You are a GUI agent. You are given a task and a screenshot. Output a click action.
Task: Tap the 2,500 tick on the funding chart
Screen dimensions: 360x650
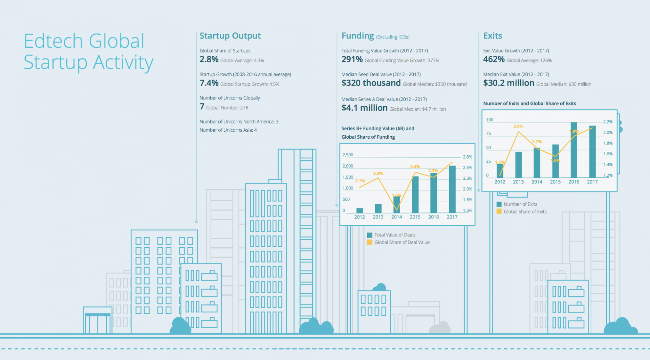tap(348, 155)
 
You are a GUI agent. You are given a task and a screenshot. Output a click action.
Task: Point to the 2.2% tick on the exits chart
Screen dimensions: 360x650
tap(608, 122)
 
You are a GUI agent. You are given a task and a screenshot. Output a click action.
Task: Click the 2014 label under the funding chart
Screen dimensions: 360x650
tap(396, 217)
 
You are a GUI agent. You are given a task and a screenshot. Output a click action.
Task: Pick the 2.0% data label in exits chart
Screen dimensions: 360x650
tap(518, 126)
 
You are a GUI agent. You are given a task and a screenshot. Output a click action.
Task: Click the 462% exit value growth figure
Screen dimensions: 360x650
tap(494, 60)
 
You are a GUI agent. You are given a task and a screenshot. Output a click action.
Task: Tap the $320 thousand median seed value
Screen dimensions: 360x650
tap(371, 83)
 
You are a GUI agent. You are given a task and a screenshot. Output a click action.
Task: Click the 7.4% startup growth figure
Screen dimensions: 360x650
tap(209, 83)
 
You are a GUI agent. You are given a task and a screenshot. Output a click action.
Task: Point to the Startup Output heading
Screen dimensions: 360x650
tap(230, 36)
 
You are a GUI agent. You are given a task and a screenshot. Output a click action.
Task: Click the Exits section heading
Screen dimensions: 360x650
tap(493, 36)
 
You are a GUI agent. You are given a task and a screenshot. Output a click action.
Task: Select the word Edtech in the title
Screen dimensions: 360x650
tap(53, 41)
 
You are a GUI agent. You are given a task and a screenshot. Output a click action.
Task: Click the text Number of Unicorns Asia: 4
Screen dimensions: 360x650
tap(228, 130)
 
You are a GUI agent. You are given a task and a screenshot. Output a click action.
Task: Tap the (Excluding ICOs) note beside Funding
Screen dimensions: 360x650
tap(393, 37)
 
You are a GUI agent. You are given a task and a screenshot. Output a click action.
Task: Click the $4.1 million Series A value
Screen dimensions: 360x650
tap(364, 108)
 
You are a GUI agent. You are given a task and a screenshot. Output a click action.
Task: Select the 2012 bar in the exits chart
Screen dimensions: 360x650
tap(500, 171)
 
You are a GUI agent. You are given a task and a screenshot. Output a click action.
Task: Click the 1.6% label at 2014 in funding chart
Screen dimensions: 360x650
tap(396, 195)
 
